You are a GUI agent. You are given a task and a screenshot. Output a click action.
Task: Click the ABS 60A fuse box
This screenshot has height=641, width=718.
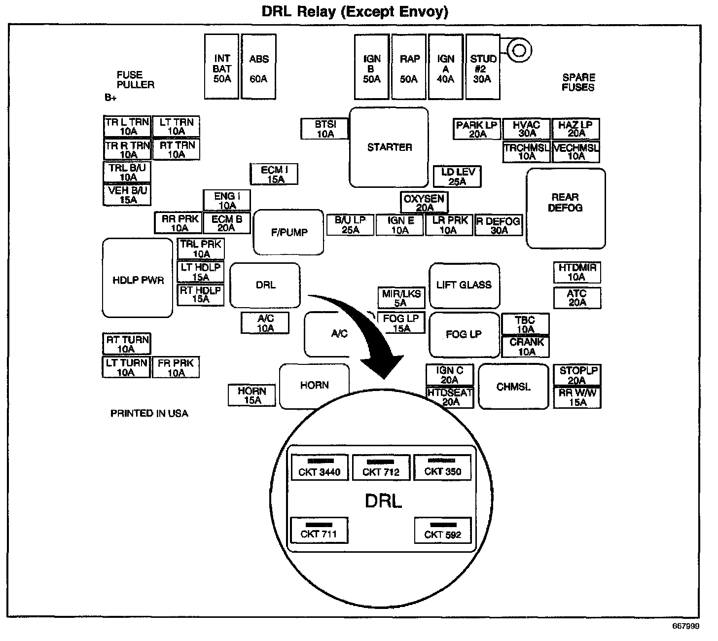coord(258,67)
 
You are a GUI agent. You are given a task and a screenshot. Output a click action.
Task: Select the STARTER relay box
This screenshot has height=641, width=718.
coord(389,147)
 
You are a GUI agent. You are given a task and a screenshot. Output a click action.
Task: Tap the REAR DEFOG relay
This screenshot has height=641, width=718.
coord(566,208)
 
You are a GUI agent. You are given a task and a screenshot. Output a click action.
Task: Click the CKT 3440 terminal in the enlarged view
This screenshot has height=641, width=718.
coord(320,467)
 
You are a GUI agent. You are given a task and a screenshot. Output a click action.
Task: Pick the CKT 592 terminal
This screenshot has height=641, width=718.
coord(443,530)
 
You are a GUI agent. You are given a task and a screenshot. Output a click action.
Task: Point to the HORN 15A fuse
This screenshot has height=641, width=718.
coord(252,395)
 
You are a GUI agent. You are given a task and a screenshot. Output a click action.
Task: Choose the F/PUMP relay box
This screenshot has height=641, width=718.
coord(288,232)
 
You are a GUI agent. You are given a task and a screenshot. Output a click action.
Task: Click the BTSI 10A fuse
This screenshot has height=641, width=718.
coord(324,129)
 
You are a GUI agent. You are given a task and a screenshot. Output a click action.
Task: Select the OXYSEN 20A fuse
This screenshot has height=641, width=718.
coord(424,203)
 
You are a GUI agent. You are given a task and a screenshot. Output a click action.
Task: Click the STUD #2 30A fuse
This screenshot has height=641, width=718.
coord(483,67)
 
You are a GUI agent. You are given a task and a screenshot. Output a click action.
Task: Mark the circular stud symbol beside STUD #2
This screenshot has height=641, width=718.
coord(518,50)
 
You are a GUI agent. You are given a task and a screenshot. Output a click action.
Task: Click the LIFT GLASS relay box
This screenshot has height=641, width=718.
coord(464,285)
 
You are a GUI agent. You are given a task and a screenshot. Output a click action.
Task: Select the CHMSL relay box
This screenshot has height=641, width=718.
coord(513,387)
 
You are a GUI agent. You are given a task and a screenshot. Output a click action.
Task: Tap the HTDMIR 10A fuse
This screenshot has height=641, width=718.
coord(577,272)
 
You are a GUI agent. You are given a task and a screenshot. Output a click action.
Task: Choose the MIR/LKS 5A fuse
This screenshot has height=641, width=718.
coord(401,298)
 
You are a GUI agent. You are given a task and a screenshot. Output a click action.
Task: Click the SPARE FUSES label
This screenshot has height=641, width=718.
coord(578,82)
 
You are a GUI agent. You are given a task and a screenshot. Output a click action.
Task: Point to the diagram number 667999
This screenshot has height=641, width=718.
coord(685,627)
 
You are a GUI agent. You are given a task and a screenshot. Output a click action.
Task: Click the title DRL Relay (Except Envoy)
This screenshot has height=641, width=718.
coord(355,11)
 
